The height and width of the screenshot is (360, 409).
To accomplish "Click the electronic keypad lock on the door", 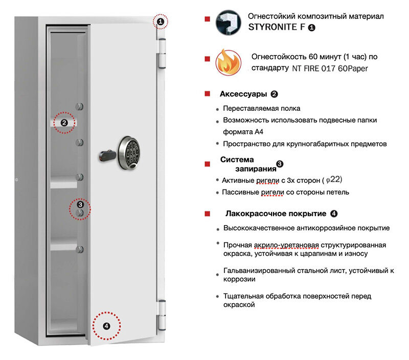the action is (129, 153).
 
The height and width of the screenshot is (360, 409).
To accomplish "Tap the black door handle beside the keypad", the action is (107, 156).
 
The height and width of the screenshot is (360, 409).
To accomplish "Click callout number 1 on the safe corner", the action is (161, 21).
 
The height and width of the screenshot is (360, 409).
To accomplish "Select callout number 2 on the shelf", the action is (64, 123).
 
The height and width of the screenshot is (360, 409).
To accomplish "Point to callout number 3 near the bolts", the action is (80, 205).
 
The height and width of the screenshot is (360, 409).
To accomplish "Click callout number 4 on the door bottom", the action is (106, 326).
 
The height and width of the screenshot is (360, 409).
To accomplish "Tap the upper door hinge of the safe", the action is (162, 53).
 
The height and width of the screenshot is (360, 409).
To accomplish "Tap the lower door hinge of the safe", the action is (162, 315).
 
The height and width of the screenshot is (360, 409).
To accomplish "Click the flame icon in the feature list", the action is (228, 62).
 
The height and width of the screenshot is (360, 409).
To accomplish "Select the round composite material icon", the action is (228, 22).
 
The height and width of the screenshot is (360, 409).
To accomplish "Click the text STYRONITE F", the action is (277, 27).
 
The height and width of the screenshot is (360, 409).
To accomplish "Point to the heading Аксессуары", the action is (243, 94).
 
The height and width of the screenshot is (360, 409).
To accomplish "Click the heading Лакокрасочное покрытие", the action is (276, 213).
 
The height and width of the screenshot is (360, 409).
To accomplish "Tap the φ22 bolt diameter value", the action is (333, 179).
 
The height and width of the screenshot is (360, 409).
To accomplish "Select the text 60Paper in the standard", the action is (353, 68).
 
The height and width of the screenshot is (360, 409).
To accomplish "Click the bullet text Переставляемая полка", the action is (262, 108).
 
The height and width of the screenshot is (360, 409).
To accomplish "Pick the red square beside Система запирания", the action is (208, 164).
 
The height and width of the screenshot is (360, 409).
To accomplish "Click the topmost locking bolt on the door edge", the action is (79, 106).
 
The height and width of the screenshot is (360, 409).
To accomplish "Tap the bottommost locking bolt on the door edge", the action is (79, 249).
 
